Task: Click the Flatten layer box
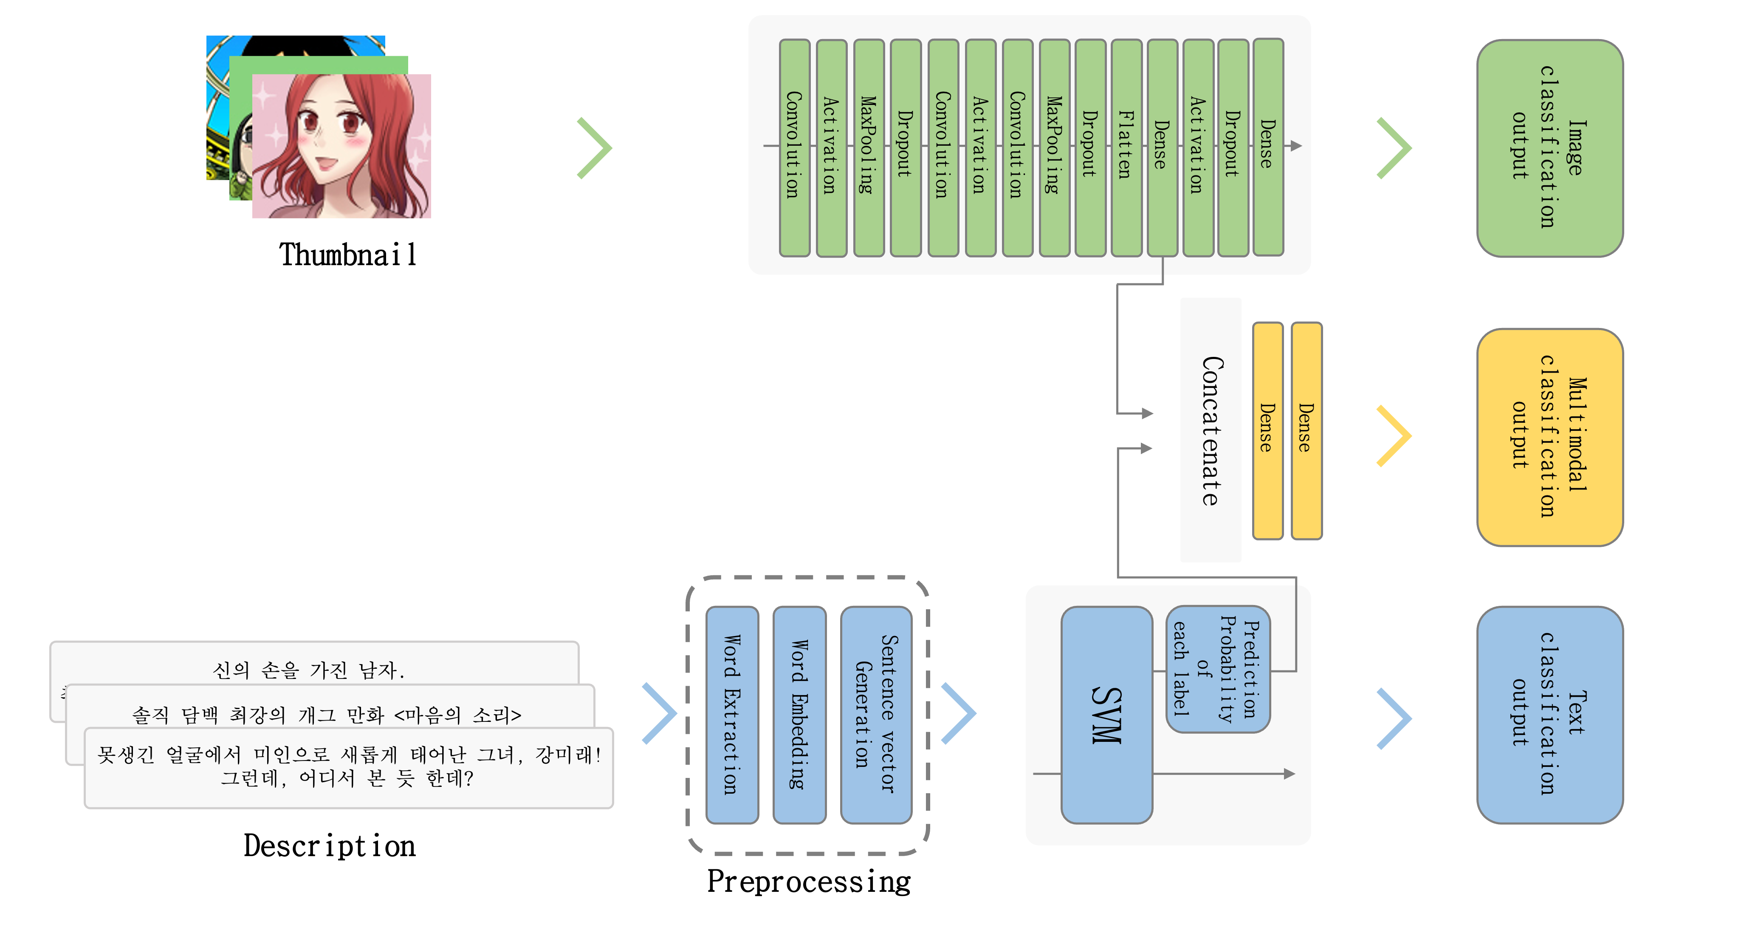(1126, 147)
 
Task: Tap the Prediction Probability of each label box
(1217, 669)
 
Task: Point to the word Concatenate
(1211, 431)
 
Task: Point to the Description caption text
(330, 846)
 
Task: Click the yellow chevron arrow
(1395, 436)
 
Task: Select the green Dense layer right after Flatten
(1162, 147)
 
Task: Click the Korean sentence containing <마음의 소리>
(326, 714)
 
